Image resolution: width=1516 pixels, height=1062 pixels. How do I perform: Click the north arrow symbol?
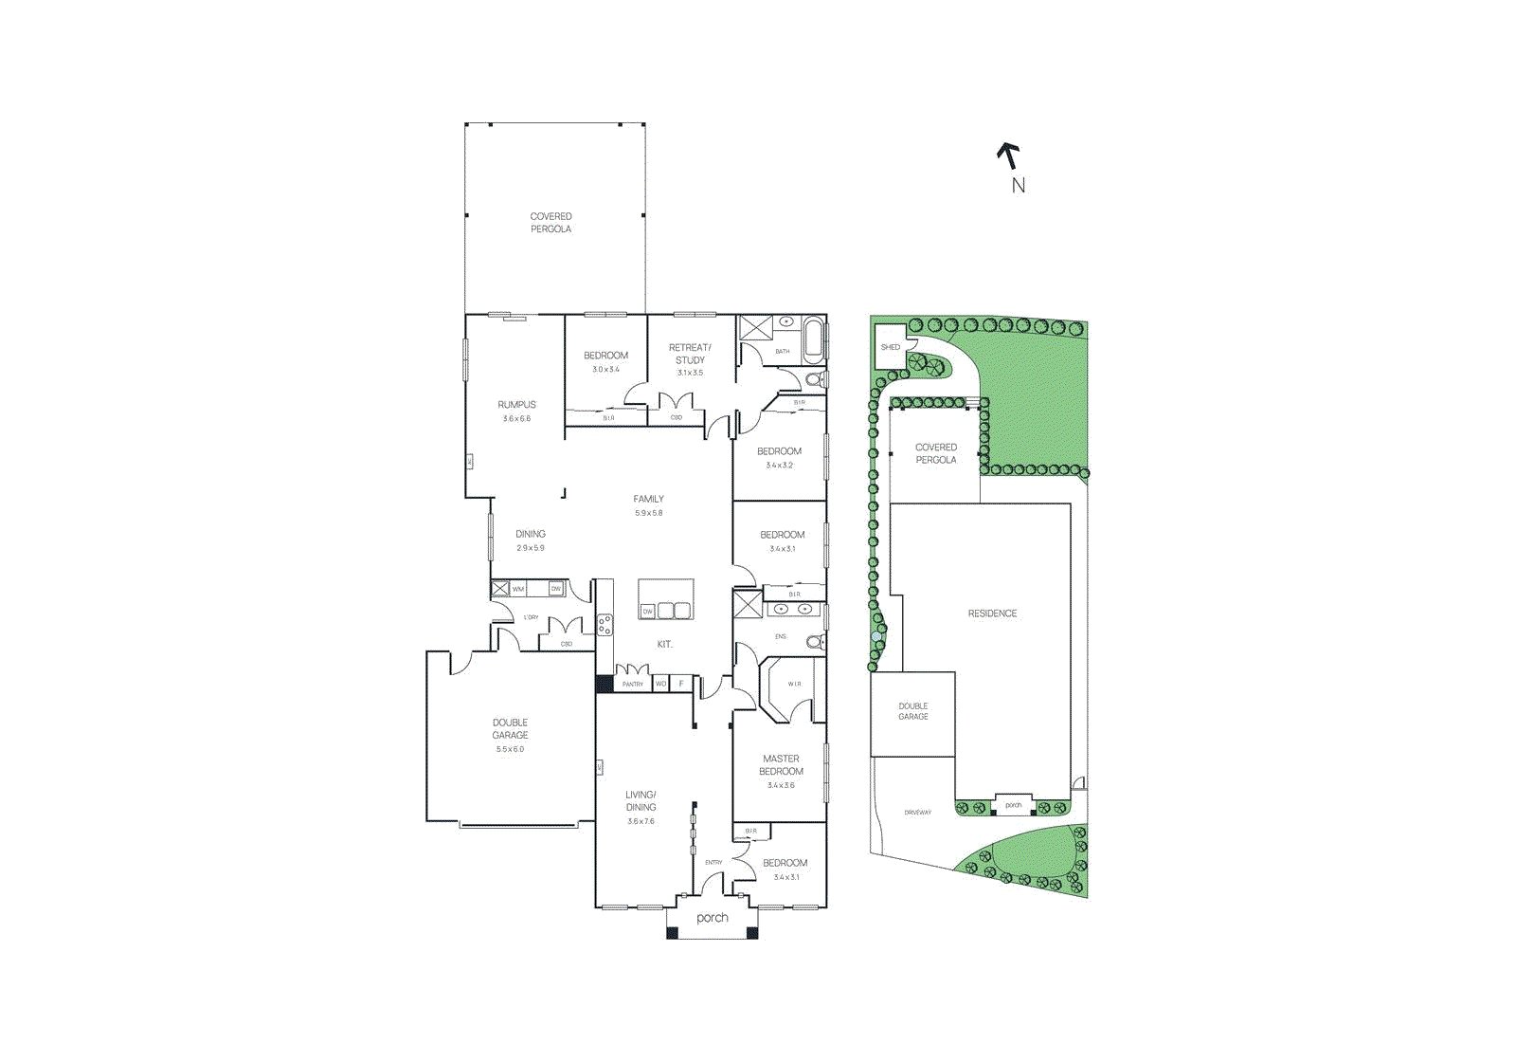pyautogui.click(x=1009, y=155)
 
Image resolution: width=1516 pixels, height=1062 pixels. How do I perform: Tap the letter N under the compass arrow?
pyautogui.click(x=1019, y=186)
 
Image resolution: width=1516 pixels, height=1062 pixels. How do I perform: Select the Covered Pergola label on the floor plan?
pyautogui.click(x=550, y=223)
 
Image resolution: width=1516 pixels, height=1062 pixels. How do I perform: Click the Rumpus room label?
pyautogui.click(x=517, y=405)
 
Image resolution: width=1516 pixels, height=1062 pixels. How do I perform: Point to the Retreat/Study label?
pyautogui.click(x=690, y=354)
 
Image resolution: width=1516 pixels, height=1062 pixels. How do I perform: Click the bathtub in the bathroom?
pyautogui.click(x=813, y=340)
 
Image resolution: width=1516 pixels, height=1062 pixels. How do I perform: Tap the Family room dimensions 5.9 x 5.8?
pyautogui.click(x=649, y=513)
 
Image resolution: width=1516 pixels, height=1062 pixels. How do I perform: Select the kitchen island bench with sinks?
pyautogui.click(x=665, y=600)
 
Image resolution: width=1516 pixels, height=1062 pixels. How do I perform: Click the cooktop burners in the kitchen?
pyautogui.click(x=605, y=624)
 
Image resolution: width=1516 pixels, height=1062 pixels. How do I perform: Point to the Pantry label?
pyautogui.click(x=633, y=684)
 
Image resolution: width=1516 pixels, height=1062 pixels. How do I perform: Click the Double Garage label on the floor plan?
pyautogui.click(x=510, y=728)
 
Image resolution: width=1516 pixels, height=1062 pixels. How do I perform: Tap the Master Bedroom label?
pyautogui.click(x=781, y=764)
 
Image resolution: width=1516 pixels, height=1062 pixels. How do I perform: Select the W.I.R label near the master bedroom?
pyautogui.click(x=794, y=684)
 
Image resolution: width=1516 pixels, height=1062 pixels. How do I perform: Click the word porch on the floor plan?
pyautogui.click(x=713, y=918)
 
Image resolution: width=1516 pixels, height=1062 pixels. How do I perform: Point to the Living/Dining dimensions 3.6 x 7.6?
pyautogui.click(x=641, y=821)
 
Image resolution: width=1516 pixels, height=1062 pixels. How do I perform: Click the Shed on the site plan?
pyautogui.click(x=891, y=347)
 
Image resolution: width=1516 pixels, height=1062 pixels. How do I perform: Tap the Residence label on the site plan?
pyautogui.click(x=992, y=613)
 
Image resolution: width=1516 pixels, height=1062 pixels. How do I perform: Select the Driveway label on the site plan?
pyautogui.click(x=917, y=813)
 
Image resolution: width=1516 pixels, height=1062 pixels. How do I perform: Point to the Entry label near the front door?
pyautogui.click(x=713, y=862)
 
